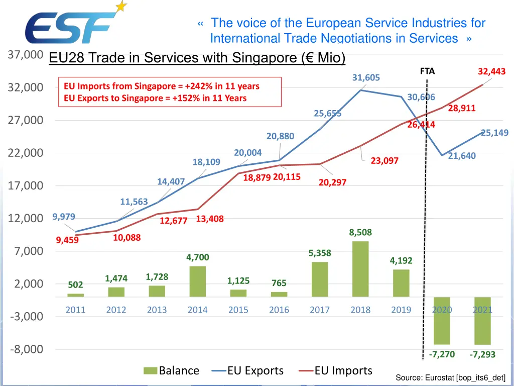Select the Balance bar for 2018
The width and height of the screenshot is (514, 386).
(x=360, y=269)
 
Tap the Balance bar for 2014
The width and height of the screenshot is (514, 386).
(x=197, y=281)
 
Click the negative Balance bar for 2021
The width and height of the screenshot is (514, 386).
(x=482, y=321)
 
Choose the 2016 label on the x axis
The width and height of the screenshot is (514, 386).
(x=279, y=310)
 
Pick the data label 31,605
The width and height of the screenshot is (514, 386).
(x=366, y=77)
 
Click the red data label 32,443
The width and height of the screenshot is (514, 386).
(x=491, y=72)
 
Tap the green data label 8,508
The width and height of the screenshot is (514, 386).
(x=360, y=232)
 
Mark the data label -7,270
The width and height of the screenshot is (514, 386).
(x=442, y=354)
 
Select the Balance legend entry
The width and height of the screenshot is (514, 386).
(x=171, y=371)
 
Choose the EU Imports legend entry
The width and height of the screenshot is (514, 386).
(x=336, y=371)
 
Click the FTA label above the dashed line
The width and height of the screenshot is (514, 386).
(x=427, y=71)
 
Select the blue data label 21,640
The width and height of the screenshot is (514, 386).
(x=462, y=156)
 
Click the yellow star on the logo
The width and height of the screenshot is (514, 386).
(x=121, y=7)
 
